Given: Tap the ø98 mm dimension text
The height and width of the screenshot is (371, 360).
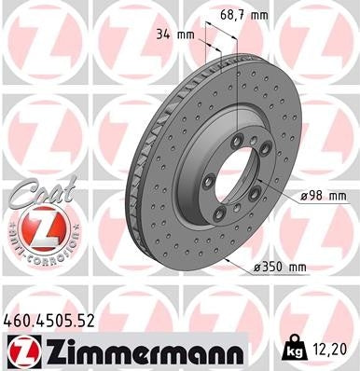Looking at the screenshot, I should [x=324, y=196].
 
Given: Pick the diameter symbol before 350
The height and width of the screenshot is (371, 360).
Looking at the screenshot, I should [x=256, y=267].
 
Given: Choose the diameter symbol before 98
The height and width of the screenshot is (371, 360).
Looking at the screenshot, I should [x=305, y=196].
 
